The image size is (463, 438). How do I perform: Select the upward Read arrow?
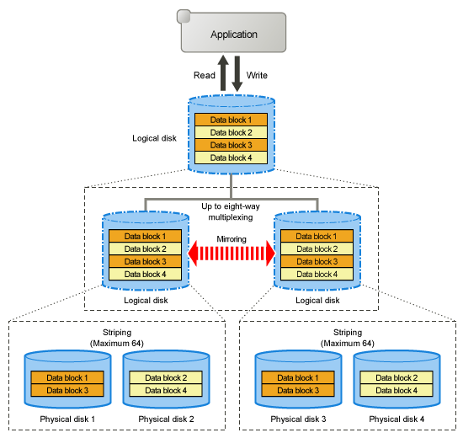point(223,72)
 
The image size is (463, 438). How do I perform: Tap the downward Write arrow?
point(237,74)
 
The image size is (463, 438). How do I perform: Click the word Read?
point(205,75)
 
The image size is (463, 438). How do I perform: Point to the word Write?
point(257,75)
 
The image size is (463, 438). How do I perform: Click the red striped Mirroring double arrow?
point(231,254)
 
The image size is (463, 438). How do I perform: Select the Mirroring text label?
point(231,239)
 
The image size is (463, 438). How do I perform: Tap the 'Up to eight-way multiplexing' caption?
point(231,211)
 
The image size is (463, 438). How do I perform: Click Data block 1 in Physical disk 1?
point(67,377)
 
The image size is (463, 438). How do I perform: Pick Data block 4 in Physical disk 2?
point(166,390)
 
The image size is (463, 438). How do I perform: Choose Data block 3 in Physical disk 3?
point(298,390)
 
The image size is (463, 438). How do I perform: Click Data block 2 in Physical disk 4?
point(396,377)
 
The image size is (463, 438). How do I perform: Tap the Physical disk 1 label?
point(67,419)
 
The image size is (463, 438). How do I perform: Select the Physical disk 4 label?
point(396,419)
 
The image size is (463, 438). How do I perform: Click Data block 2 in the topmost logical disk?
point(231,132)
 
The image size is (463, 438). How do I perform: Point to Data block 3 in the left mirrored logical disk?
point(145,262)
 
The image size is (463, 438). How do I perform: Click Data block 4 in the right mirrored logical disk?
point(317,275)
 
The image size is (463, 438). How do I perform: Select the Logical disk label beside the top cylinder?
point(154,138)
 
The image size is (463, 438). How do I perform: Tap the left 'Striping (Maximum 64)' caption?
point(117,338)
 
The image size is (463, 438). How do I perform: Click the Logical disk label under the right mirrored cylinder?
point(317,300)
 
